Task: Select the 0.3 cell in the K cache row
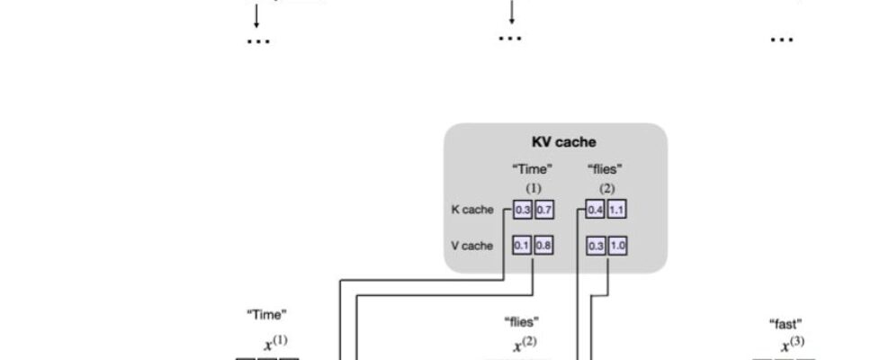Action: [523, 211]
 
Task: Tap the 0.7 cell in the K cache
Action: [543, 211]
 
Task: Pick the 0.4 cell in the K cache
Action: [595, 211]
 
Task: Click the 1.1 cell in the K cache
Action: [616, 211]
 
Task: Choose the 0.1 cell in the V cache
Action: [523, 246]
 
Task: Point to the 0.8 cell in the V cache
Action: [543, 246]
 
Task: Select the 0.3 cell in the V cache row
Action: [595, 246]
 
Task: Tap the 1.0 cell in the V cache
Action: [616, 246]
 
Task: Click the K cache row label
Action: [472, 211]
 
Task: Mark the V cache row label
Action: [472, 246]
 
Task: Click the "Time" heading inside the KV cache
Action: [533, 168]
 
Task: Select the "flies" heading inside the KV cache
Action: [606, 168]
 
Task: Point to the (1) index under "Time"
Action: [533, 187]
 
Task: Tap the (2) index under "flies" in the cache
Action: [606, 187]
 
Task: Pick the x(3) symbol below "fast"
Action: [791, 346]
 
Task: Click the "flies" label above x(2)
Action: [522, 320]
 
